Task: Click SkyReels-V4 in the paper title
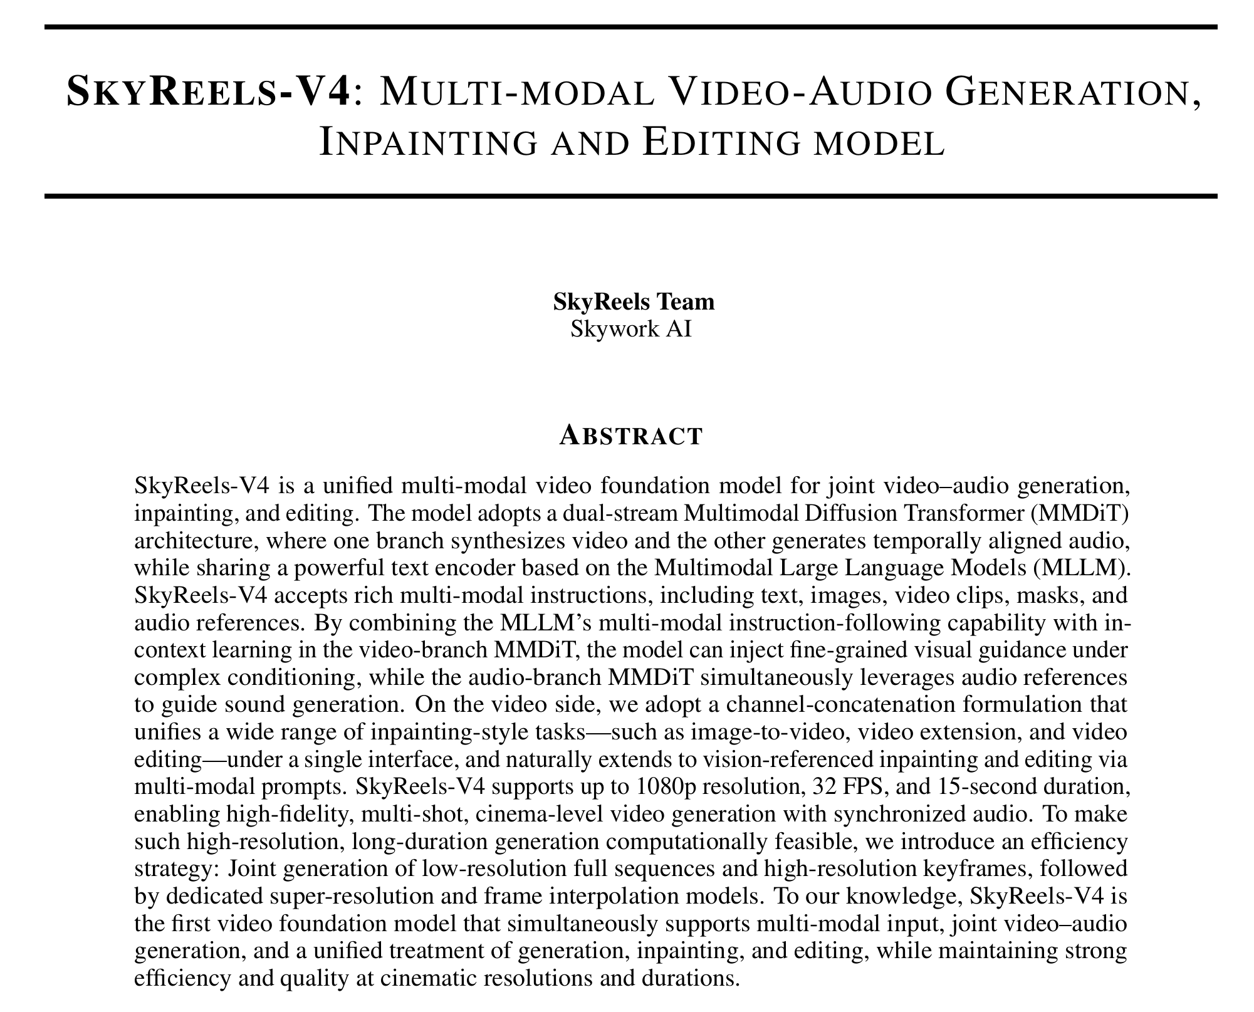[206, 91]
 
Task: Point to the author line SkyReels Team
[634, 301]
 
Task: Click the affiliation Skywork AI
[631, 328]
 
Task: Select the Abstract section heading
[630, 436]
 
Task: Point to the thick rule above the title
[630, 28]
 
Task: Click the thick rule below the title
[630, 196]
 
